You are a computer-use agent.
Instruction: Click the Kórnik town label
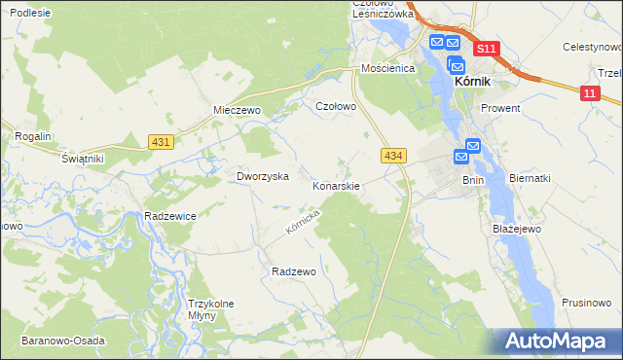478,84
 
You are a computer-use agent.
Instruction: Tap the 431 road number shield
162,142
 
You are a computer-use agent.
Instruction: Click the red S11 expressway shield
487,49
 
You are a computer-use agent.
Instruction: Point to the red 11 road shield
590,92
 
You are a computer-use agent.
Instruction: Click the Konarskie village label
337,185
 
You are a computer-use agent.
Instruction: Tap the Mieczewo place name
238,110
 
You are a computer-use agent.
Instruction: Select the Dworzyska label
263,176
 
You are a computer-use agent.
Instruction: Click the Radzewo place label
294,271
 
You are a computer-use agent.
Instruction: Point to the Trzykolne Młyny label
210,309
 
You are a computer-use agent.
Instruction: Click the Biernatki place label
531,178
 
